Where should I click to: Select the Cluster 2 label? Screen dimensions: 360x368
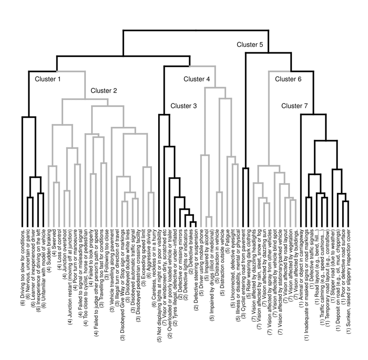[104, 90]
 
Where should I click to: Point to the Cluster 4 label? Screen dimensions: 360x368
[196, 79]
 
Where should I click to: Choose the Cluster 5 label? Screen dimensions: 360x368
[250, 45]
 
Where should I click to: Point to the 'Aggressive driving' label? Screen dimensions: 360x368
[150, 258]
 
